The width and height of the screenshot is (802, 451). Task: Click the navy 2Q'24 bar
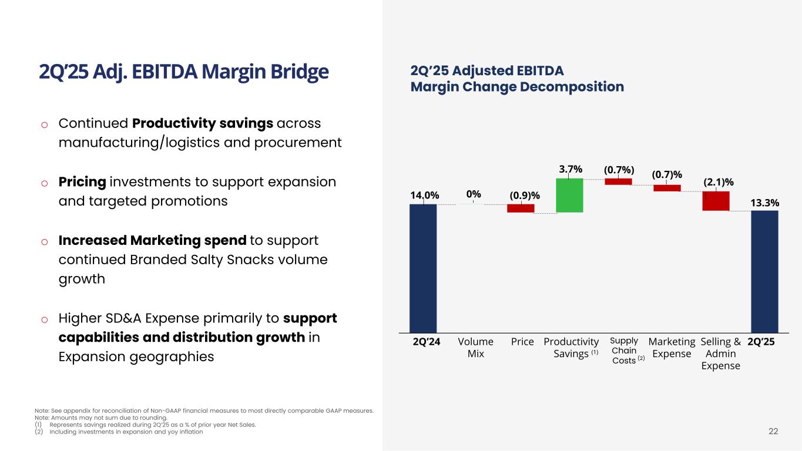tap(423, 268)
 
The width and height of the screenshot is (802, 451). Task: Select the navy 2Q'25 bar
tap(764, 271)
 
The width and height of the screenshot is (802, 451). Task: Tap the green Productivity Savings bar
tap(569, 195)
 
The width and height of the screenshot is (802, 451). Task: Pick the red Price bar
tap(521, 208)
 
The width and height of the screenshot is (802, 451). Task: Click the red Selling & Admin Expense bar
tap(716, 201)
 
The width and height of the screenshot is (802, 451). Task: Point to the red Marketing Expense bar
tap(667, 188)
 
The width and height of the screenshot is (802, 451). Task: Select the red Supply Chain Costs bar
tap(618, 181)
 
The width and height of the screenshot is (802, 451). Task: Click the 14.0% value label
tap(424, 195)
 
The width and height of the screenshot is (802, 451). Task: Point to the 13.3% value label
tap(765, 203)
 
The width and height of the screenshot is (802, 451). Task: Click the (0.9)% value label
tap(525, 195)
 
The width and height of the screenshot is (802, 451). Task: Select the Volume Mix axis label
tap(475, 347)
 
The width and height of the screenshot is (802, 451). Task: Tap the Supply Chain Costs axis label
tap(624, 351)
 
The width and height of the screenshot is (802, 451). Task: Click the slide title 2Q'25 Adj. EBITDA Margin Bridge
tap(183, 72)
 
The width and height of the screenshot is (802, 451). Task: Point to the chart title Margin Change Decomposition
tap(517, 87)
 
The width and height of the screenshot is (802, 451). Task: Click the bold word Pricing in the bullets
tap(82, 182)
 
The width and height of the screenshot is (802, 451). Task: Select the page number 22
tap(773, 432)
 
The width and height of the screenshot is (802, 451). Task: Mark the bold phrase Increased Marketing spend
tap(152, 241)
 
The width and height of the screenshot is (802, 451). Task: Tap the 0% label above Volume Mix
tap(474, 194)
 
